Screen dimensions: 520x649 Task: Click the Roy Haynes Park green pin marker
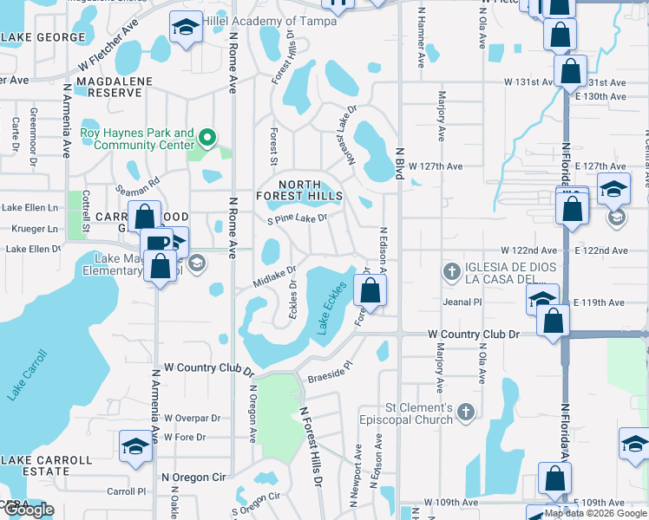(x=207, y=138)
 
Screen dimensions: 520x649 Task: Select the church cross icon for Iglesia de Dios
(x=450, y=271)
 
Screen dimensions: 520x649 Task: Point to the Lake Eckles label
(x=333, y=307)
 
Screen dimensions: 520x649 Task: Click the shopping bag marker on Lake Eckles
(x=370, y=293)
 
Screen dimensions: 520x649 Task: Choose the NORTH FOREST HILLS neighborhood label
(x=299, y=189)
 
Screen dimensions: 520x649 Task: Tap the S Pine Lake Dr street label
(x=297, y=219)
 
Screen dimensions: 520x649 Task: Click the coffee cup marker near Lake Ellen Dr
(x=155, y=244)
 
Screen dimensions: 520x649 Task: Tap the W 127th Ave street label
(x=435, y=166)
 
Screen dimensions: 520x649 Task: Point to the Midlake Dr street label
(x=275, y=276)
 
